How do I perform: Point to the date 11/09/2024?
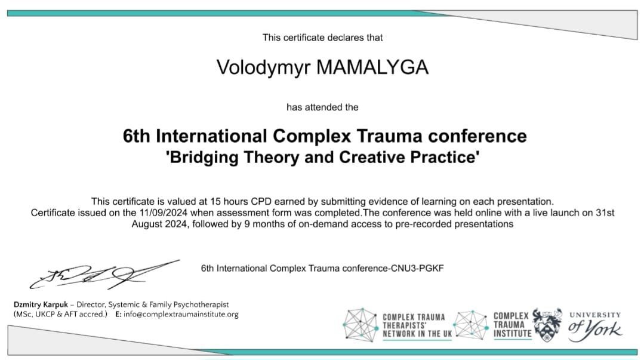(164, 213)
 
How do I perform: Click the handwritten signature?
(104, 274)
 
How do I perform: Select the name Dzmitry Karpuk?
(41, 305)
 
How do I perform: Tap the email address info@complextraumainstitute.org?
(181, 315)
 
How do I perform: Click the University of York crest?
(547, 325)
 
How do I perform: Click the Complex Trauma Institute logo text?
(511, 325)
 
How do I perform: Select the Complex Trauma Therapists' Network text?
(417, 325)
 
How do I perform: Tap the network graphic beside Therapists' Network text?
(360, 325)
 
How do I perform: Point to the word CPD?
(261, 202)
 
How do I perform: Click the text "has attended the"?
(322, 107)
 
